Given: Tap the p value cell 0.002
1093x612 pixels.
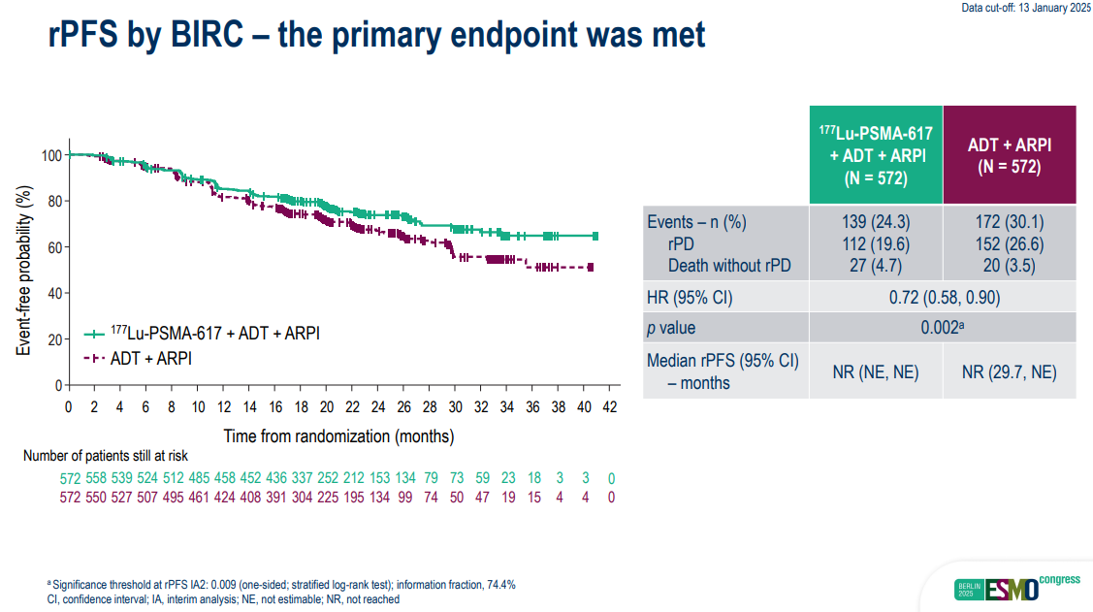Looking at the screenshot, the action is coord(943,328).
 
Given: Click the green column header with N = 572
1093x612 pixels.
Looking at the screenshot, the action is coord(876,155).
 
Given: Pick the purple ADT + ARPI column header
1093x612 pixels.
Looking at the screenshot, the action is coord(1010,155).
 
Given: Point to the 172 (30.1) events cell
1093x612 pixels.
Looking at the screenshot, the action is coord(1010,222).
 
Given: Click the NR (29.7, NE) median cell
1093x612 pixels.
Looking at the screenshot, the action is coord(1010,372).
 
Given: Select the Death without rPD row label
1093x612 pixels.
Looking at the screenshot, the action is coord(729,266).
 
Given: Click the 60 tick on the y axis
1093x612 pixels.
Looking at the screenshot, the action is coord(54,247).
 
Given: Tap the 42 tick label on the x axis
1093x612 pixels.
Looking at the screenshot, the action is coord(610,407).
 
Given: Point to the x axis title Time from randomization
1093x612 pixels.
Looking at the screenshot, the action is coord(338,436).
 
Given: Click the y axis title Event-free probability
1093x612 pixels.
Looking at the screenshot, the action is coord(23,271).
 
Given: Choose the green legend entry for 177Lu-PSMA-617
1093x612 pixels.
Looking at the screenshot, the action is coord(202,334).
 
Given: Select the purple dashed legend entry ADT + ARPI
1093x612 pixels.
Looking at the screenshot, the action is coord(138,358).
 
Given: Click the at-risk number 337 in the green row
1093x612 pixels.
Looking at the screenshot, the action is coord(302,478).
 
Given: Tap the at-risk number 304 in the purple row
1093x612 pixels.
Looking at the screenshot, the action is coord(302,498).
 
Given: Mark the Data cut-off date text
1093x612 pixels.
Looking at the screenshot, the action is coord(1026,8).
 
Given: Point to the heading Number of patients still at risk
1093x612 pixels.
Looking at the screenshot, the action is coord(106,456).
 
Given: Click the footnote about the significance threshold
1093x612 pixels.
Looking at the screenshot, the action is coord(281,585).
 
